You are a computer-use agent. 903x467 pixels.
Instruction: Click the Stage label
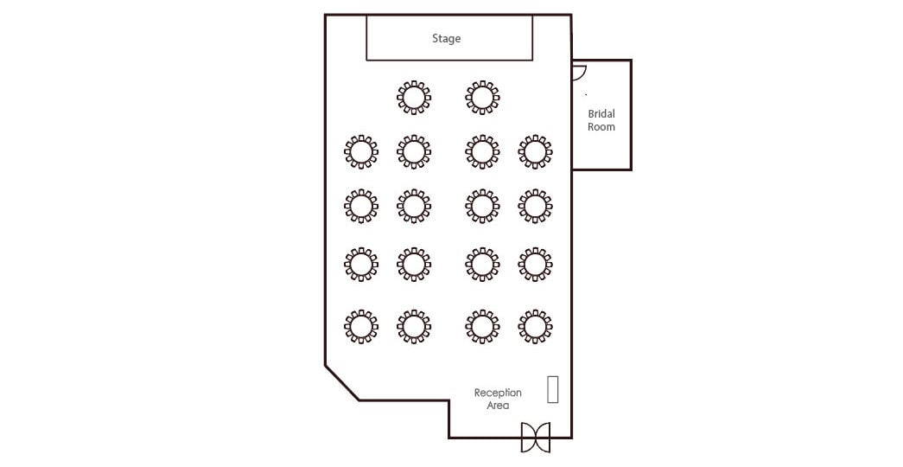click(x=447, y=39)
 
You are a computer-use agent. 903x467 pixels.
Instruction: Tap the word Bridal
click(x=601, y=114)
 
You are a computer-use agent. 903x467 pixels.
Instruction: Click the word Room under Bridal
click(x=601, y=127)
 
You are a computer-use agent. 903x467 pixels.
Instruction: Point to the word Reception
click(x=498, y=393)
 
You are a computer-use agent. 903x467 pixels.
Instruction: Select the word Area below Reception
click(x=498, y=406)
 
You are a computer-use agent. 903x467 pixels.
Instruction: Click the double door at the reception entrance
click(x=536, y=437)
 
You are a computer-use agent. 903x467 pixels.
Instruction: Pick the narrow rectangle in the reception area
click(x=553, y=389)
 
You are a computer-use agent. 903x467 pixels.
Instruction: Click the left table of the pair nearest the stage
click(x=414, y=98)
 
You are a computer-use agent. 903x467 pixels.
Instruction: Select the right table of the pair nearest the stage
click(x=482, y=98)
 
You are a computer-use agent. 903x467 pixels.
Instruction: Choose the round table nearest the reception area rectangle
click(x=535, y=326)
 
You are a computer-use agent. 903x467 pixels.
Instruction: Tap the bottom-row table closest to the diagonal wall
click(x=361, y=326)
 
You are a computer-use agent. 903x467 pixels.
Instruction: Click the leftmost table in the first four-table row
click(x=361, y=151)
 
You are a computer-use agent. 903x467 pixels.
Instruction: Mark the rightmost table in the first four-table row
click(x=535, y=151)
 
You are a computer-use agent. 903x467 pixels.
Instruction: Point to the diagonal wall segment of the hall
click(x=342, y=382)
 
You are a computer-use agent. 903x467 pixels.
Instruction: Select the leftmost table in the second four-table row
click(x=361, y=206)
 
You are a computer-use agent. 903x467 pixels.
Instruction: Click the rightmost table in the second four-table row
click(x=535, y=206)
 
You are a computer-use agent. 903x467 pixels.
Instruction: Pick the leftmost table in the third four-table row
click(x=361, y=264)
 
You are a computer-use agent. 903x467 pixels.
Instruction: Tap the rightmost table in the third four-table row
click(x=535, y=264)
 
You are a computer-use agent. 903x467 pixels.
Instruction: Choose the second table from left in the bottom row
click(x=414, y=326)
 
